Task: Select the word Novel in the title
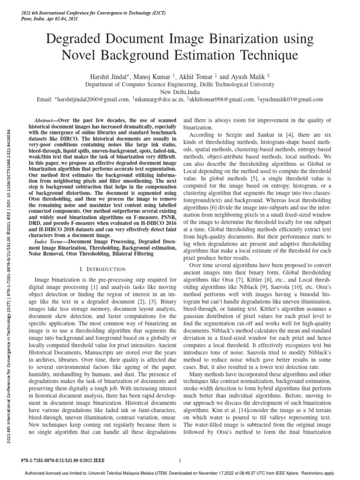[80, 55]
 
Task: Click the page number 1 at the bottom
[180, 460]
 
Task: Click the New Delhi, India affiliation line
[180, 92]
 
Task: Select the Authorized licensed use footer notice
[180, 473]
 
